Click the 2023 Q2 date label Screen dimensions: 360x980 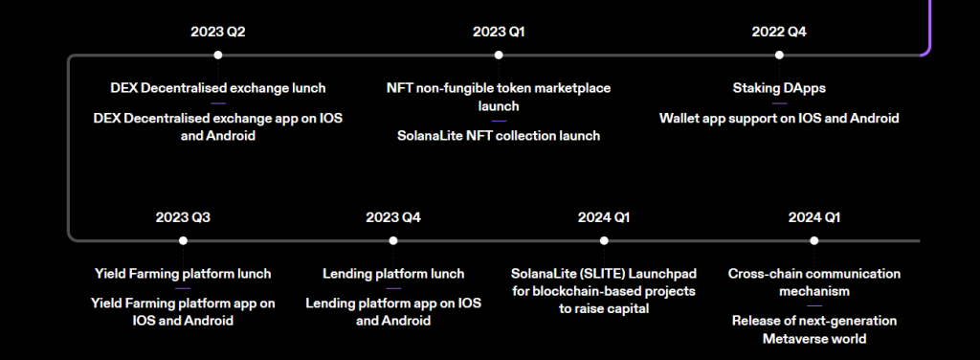click(x=217, y=32)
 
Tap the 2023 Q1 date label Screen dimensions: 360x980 click(x=499, y=32)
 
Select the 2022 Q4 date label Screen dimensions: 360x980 click(x=779, y=32)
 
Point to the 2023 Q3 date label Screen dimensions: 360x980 click(x=183, y=217)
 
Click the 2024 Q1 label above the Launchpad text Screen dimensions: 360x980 click(x=604, y=217)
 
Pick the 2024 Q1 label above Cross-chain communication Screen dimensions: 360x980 click(x=814, y=217)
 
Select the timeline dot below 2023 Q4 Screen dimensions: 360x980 click(x=393, y=240)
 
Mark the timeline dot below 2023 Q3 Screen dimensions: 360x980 click(x=183, y=240)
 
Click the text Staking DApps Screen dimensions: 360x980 click(x=779, y=88)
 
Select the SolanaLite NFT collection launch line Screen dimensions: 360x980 click(x=499, y=136)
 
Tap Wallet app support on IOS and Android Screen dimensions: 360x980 click(x=779, y=119)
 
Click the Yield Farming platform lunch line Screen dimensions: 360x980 click(x=183, y=274)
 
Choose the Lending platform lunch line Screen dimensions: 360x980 click(x=393, y=274)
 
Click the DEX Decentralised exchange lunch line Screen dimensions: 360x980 click(x=217, y=88)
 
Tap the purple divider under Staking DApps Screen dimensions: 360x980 click(x=779, y=103)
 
